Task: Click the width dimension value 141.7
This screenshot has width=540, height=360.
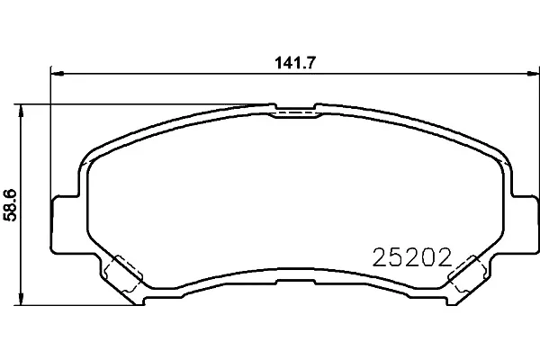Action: (x=295, y=63)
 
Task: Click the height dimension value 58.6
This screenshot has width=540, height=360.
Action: (x=9, y=204)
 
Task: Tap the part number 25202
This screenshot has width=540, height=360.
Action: (x=411, y=257)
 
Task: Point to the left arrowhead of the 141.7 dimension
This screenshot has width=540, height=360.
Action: (x=58, y=74)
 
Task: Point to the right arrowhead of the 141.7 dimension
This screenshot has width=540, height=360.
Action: (x=533, y=74)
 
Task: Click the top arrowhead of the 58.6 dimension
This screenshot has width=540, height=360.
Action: (x=21, y=110)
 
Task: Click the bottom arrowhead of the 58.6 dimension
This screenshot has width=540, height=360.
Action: (x=21, y=299)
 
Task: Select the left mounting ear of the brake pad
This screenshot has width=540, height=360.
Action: (x=66, y=225)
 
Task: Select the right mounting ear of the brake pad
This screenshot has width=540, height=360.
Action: (x=525, y=225)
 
